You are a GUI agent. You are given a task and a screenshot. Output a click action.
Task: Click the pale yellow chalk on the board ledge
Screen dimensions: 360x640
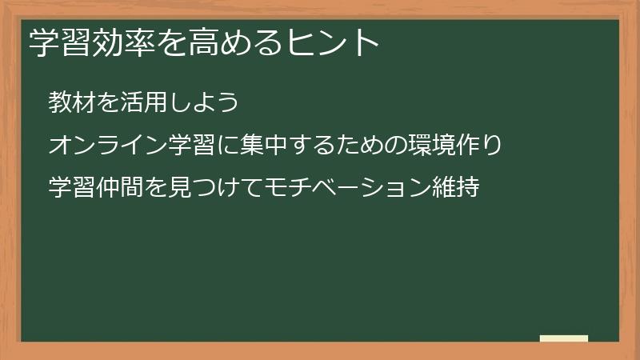[x=563, y=338]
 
